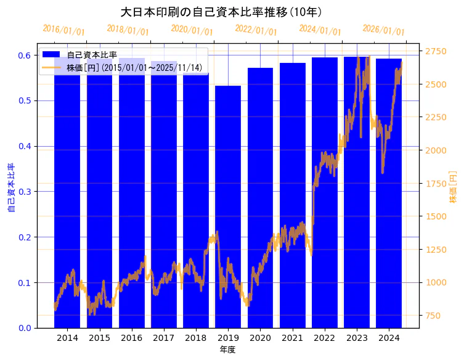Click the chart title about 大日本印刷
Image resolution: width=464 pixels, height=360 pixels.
221,12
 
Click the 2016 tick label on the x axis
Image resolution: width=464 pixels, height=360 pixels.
132,338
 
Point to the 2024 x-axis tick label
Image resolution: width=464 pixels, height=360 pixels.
389,338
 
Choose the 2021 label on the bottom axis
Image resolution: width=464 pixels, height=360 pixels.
292,338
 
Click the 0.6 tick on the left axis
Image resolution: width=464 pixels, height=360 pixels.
24,55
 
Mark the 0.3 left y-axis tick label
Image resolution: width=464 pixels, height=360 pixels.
24,192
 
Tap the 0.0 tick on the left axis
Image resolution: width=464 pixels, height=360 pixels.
24,328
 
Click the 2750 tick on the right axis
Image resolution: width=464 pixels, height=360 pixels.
436,51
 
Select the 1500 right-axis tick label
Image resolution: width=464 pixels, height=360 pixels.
436,216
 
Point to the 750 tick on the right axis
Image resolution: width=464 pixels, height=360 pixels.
434,316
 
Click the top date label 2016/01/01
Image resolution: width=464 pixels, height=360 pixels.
64,30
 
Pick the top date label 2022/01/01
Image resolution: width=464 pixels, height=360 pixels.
256,30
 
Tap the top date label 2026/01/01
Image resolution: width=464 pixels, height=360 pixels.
384,30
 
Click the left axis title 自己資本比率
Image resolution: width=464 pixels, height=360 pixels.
10,188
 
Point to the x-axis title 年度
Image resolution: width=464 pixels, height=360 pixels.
228,350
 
